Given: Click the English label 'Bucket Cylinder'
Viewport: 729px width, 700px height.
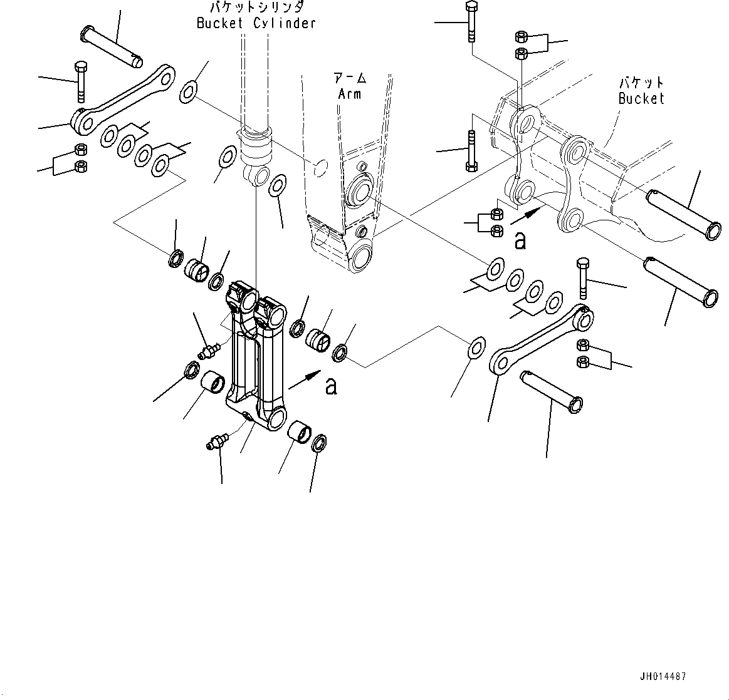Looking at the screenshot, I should coord(256,24).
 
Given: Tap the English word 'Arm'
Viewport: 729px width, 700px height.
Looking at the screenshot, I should coord(349,94).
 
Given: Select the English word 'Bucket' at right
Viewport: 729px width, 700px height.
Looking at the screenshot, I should coord(641,98).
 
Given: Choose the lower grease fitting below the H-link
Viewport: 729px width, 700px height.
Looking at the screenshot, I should coord(216,440).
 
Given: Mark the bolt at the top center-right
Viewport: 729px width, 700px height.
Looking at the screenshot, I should coord(471,22).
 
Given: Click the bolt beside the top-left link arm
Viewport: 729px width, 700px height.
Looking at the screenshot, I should coord(80,81).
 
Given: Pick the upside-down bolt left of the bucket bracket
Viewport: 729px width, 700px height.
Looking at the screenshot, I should coord(471,150).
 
